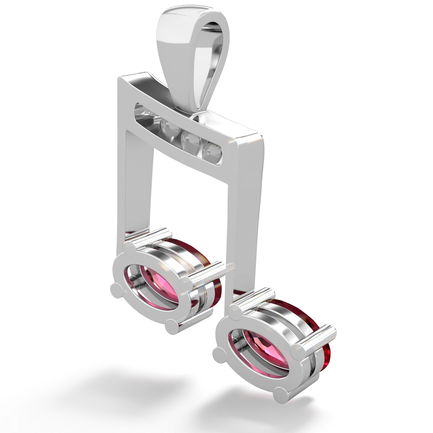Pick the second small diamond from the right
[x=189, y=141]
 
